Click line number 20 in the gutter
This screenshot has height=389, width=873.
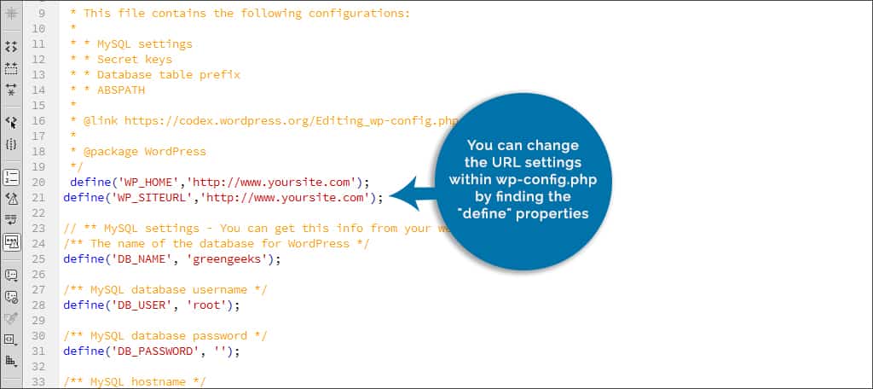tap(38, 183)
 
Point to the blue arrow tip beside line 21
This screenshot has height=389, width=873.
tap(390, 195)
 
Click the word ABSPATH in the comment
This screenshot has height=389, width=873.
tap(121, 90)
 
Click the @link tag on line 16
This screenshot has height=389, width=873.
tap(101, 120)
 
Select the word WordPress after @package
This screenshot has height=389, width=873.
tap(176, 152)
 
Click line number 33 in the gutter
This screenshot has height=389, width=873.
tap(38, 382)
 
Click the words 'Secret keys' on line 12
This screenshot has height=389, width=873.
tap(135, 59)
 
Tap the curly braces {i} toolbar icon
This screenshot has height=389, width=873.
tap(11, 144)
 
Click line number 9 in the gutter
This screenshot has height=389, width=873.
tap(42, 13)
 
